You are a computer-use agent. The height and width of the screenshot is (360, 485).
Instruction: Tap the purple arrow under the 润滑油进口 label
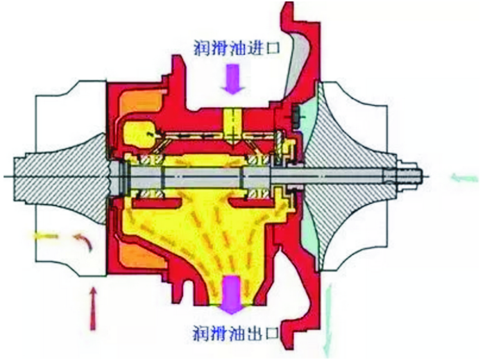coord(233,80)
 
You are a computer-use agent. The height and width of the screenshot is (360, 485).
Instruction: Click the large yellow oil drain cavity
coord(208,236)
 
